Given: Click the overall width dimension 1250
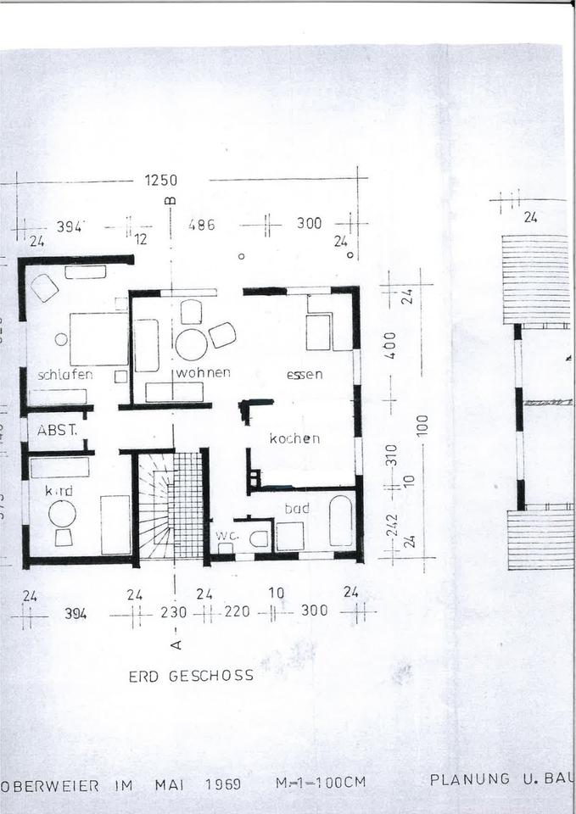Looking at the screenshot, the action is [160, 180].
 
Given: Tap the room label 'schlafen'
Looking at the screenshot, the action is [64, 374].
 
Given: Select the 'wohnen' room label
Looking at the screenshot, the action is [204, 373].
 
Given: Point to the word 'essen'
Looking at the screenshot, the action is [305, 374].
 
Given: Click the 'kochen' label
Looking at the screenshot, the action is [294, 438].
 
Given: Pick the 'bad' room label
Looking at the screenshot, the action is [297, 509].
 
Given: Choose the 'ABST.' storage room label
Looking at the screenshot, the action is [58, 430].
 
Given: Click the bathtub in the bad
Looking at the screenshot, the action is [341, 520].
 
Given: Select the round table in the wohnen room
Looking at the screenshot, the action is [191, 343].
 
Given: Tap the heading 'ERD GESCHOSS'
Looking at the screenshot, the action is [191, 676].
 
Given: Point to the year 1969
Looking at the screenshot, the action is [224, 784].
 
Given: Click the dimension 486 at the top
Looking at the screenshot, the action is [202, 225].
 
